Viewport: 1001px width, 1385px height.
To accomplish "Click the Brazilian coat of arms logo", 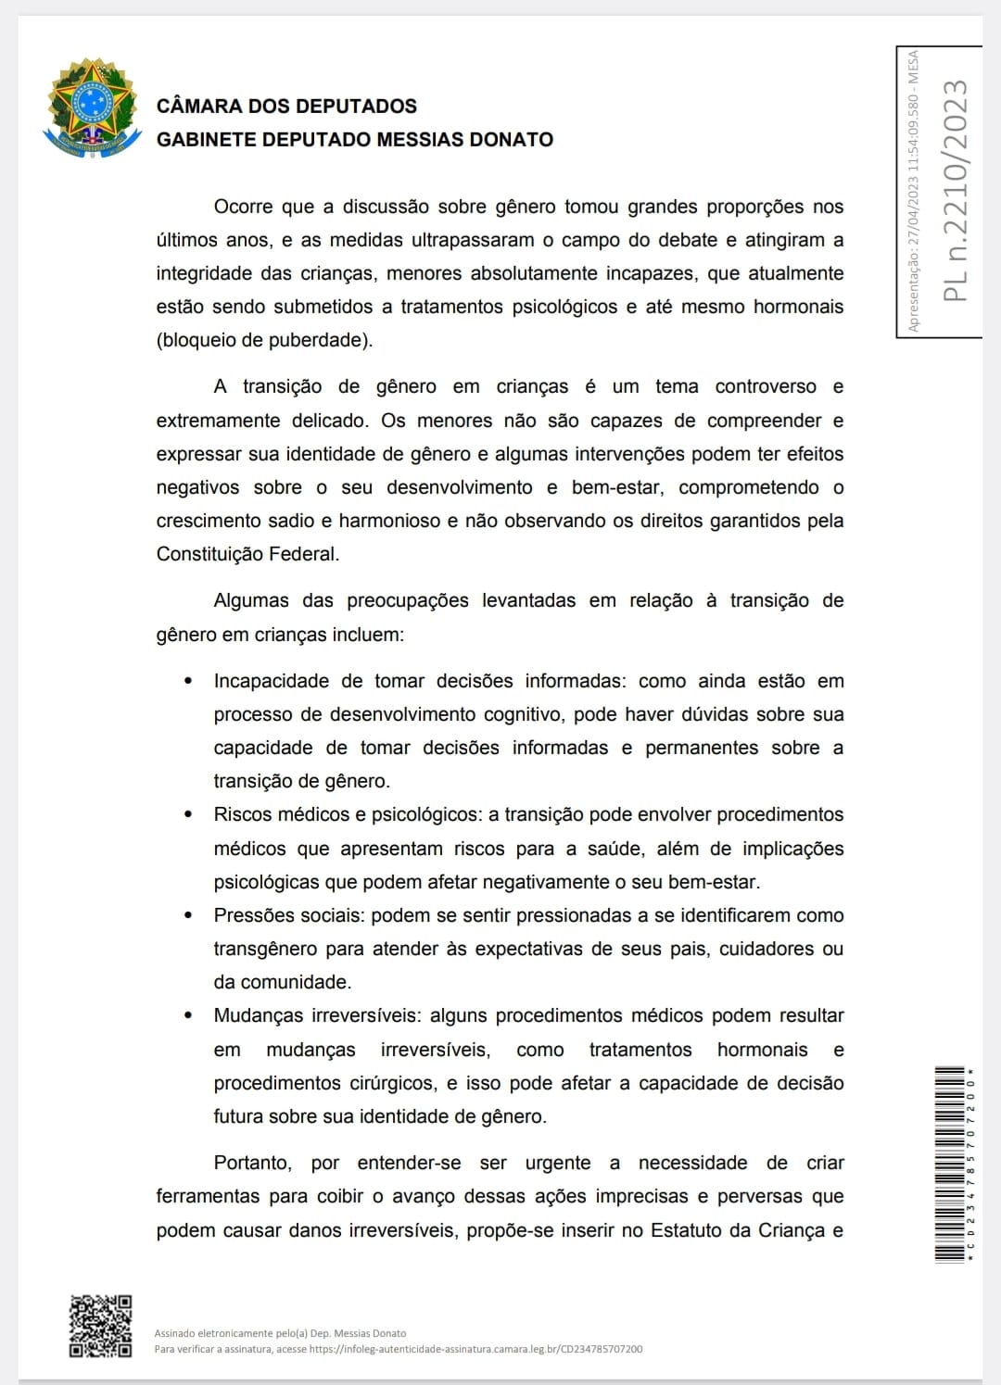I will click(x=92, y=107).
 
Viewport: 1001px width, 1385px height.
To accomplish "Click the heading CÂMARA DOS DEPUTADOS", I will click(x=286, y=107).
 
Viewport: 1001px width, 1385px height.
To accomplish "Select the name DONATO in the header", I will click(x=513, y=140).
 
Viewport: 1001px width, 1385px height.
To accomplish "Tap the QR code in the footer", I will click(x=101, y=1326).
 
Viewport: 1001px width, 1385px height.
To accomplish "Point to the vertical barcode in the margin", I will click(x=950, y=1165).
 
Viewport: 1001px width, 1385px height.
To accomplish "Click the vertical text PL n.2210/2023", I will click(x=955, y=191).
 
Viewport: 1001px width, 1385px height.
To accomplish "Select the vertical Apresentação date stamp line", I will click(x=913, y=191).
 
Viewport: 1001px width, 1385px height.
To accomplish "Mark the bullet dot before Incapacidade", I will click(x=189, y=681).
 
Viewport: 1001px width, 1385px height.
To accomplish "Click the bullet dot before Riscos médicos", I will click(x=189, y=814).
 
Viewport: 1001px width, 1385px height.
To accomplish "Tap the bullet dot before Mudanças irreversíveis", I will click(x=189, y=1015).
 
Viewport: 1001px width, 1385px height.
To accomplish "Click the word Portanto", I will click(x=252, y=1163).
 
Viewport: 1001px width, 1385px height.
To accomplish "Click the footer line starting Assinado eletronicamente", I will click(x=280, y=1333).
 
